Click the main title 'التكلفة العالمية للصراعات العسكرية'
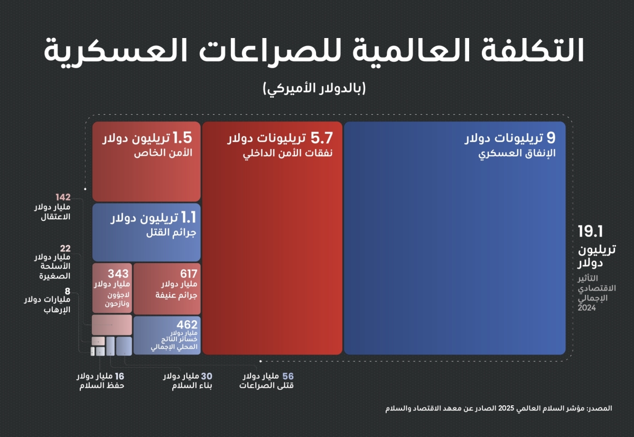pyautogui.click(x=313, y=51)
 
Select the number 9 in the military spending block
pyautogui.click(x=551, y=138)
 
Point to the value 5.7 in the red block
pyautogui.click(x=322, y=138)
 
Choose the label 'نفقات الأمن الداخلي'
pyautogui.click(x=288, y=154)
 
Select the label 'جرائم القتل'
pyautogui.click(x=169, y=232)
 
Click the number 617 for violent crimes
pyautogui.click(x=188, y=274)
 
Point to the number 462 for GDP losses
pyautogui.click(x=187, y=324)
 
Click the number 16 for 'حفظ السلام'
pyautogui.click(x=119, y=376)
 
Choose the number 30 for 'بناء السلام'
pyautogui.click(x=207, y=376)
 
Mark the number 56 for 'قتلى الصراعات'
pyautogui.click(x=287, y=376)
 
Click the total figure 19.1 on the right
pyautogui.click(x=590, y=231)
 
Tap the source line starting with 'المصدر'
pyautogui.click(x=499, y=408)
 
